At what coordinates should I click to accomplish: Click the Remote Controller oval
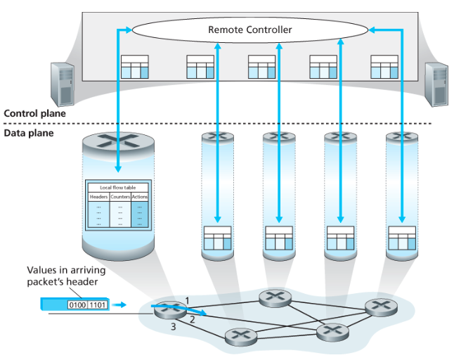pos(249,30)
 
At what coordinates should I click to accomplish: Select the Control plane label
pos(35,113)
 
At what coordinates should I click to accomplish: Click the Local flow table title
pos(118,188)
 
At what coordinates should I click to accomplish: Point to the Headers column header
pos(98,197)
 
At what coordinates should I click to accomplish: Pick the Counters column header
pos(119,197)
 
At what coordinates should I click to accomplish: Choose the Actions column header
pos(140,197)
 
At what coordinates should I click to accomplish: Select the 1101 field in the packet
pos(96,305)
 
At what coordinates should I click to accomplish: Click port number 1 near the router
pos(187,301)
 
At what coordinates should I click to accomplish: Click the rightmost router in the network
pos(380,306)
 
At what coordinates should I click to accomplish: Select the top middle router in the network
pos(273,297)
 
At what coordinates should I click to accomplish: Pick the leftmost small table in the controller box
pos(135,67)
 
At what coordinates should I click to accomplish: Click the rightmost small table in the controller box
pos(384,67)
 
